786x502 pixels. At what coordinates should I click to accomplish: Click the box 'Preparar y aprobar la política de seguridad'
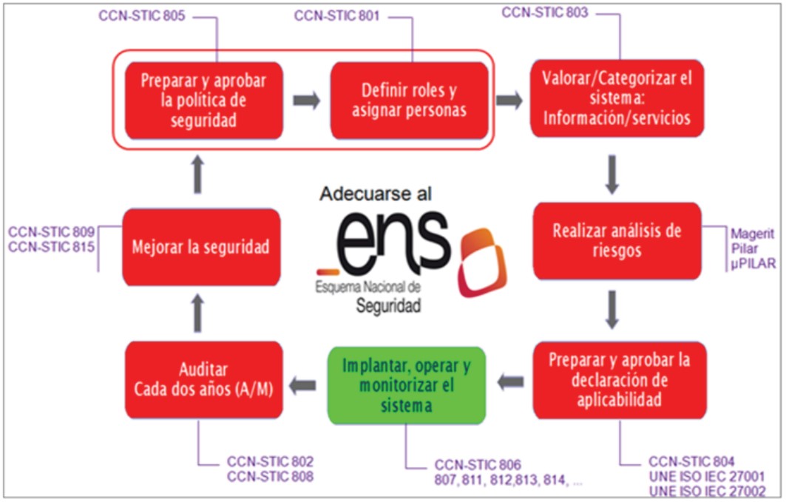click(x=203, y=101)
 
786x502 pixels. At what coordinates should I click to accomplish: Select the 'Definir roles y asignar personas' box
click(x=409, y=101)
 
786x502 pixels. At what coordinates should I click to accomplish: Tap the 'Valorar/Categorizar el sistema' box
click(x=617, y=98)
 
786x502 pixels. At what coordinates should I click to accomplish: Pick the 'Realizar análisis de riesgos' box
click(x=617, y=240)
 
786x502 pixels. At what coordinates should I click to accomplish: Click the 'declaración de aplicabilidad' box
click(x=620, y=380)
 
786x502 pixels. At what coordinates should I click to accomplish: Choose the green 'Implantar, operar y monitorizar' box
click(x=406, y=386)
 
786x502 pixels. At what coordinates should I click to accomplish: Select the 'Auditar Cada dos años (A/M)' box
click(x=203, y=379)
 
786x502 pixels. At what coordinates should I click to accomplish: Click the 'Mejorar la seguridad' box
click(x=202, y=247)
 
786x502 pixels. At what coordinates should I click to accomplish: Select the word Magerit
click(x=752, y=234)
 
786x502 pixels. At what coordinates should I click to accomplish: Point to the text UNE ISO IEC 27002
click(x=706, y=490)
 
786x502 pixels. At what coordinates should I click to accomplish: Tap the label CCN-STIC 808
click(x=271, y=477)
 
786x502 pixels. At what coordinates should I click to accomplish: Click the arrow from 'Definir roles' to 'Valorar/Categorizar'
click(x=509, y=101)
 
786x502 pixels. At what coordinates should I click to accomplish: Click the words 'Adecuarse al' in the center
click(x=376, y=194)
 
